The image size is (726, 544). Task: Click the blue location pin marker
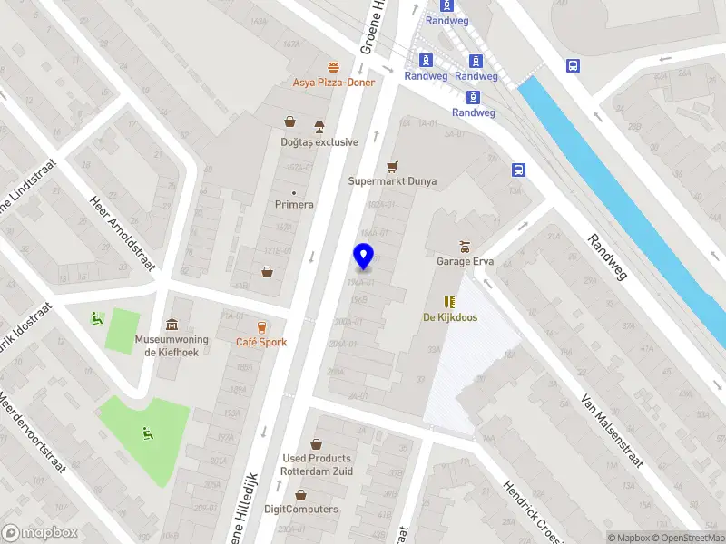pyautogui.click(x=363, y=257)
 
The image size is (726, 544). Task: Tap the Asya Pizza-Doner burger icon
pyautogui.click(x=333, y=67)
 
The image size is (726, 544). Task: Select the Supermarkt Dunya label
pyautogui.click(x=392, y=181)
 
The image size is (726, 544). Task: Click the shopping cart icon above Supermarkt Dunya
pyautogui.click(x=392, y=166)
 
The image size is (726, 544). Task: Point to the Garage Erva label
pyautogui.click(x=465, y=261)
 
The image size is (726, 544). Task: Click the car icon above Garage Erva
pyautogui.click(x=465, y=246)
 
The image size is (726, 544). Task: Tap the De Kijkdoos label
pyautogui.click(x=450, y=317)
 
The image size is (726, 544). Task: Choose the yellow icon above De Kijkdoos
pyautogui.click(x=448, y=302)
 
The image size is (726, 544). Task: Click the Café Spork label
pyautogui.click(x=261, y=342)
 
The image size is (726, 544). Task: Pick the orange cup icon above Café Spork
pyautogui.click(x=261, y=326)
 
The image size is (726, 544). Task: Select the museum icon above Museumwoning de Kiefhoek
pyautogui.click(x=172, y=325)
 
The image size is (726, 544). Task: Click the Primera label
pyautogui.click(x=294, y=205)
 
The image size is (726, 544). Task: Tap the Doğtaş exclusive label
pyautogui.click(x=319, y=142)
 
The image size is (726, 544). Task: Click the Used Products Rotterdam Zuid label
pyautogui.click(x=316, y=464)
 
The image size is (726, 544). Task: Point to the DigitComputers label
pyautogui.click(x=300, y=510)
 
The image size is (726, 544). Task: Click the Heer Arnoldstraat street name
pyautogui.click(x=123, y=234)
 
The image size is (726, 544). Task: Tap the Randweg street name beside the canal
pyautogui.click(x=607, y=257)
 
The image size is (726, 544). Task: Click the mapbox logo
pyautogui.click(x=40, y=533)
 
